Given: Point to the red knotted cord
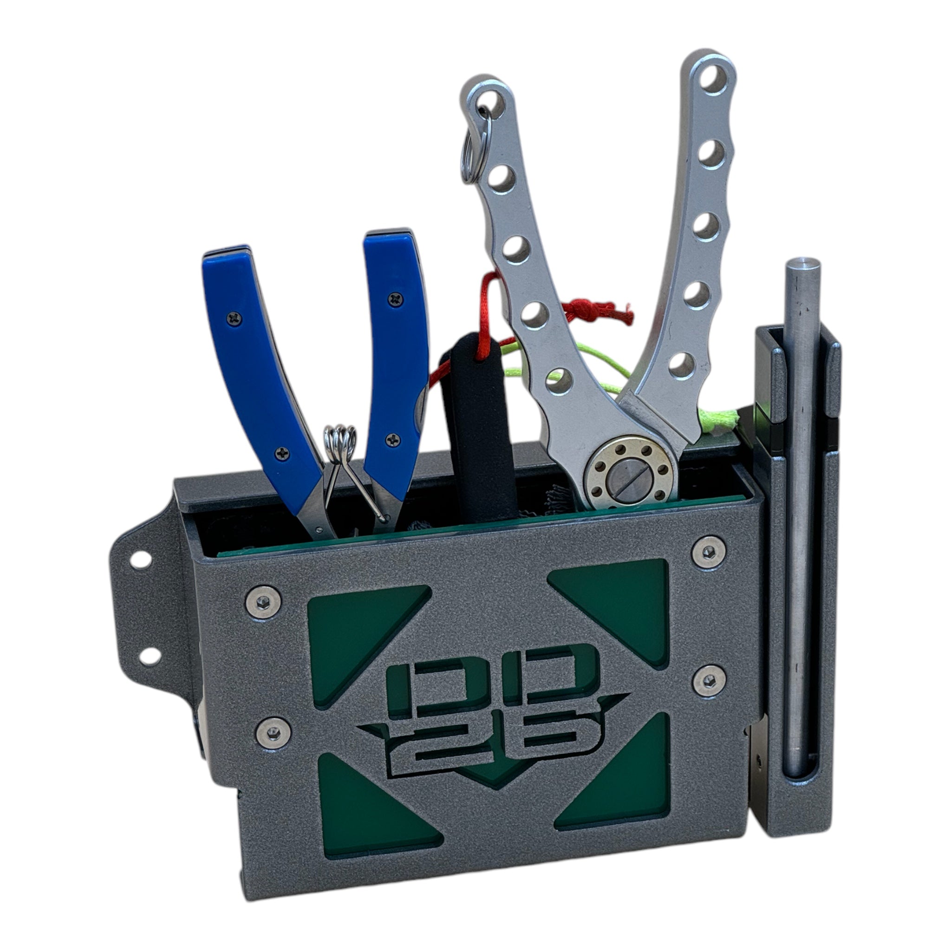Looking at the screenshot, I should pyautogui.click(x=598, y=309).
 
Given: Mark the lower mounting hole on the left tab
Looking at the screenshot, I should pyautogui.click(x=150, y=655).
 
